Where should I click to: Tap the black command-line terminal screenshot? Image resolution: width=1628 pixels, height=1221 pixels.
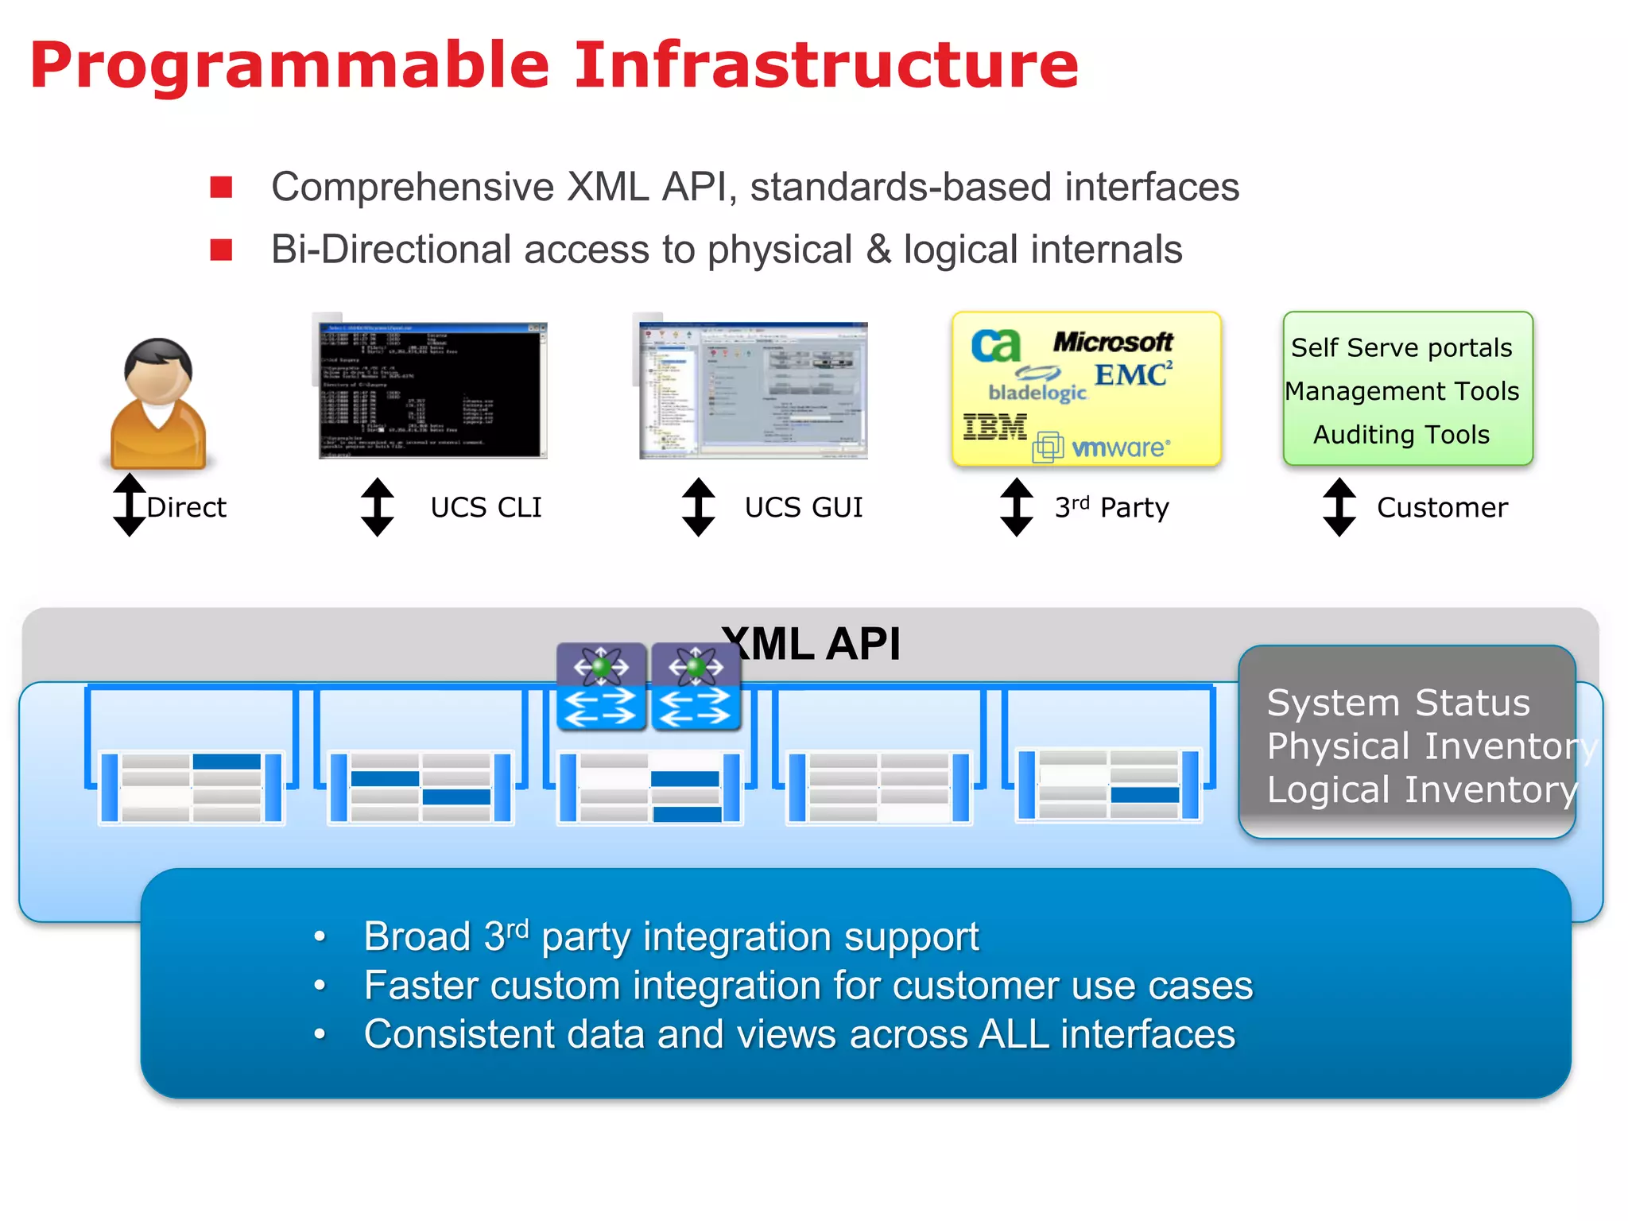pyautogui.click(x=432, y=390)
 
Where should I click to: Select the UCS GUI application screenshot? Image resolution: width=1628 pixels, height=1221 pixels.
pyautogui.click(x=754, y=390)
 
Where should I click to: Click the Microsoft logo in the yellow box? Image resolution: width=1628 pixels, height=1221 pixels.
pyautogui.click(x=1112, y=342)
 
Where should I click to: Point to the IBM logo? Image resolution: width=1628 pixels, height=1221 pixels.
pyautogui.click(x=994, y=427)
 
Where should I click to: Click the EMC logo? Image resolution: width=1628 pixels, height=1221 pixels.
pyautogui.click(x=1132, y=374)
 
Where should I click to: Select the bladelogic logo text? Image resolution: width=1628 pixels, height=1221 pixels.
pyautogui.click(x=1037, y=392)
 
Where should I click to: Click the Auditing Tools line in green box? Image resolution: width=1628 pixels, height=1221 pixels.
pyautogui.click(x=1401, y=435)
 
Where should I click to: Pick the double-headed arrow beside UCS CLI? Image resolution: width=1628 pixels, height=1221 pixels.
pyautogui.click(x=377, y=507)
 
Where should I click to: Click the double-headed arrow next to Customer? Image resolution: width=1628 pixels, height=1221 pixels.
pyautogui.click(x=1339, y=507)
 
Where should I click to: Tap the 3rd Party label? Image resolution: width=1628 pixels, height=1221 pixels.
pyautogui.click(x=1111, y=507)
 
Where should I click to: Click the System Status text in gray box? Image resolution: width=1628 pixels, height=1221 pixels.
pyautogui.click(x=1397, y=703)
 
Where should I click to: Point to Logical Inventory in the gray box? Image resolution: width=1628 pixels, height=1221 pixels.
pyautogui.click(x=1421, y=790)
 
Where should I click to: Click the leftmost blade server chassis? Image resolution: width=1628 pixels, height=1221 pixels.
pyautogui.click(x=192, y=787)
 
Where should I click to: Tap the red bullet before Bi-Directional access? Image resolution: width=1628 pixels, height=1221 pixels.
pyautogui.click(x=221, y=250)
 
